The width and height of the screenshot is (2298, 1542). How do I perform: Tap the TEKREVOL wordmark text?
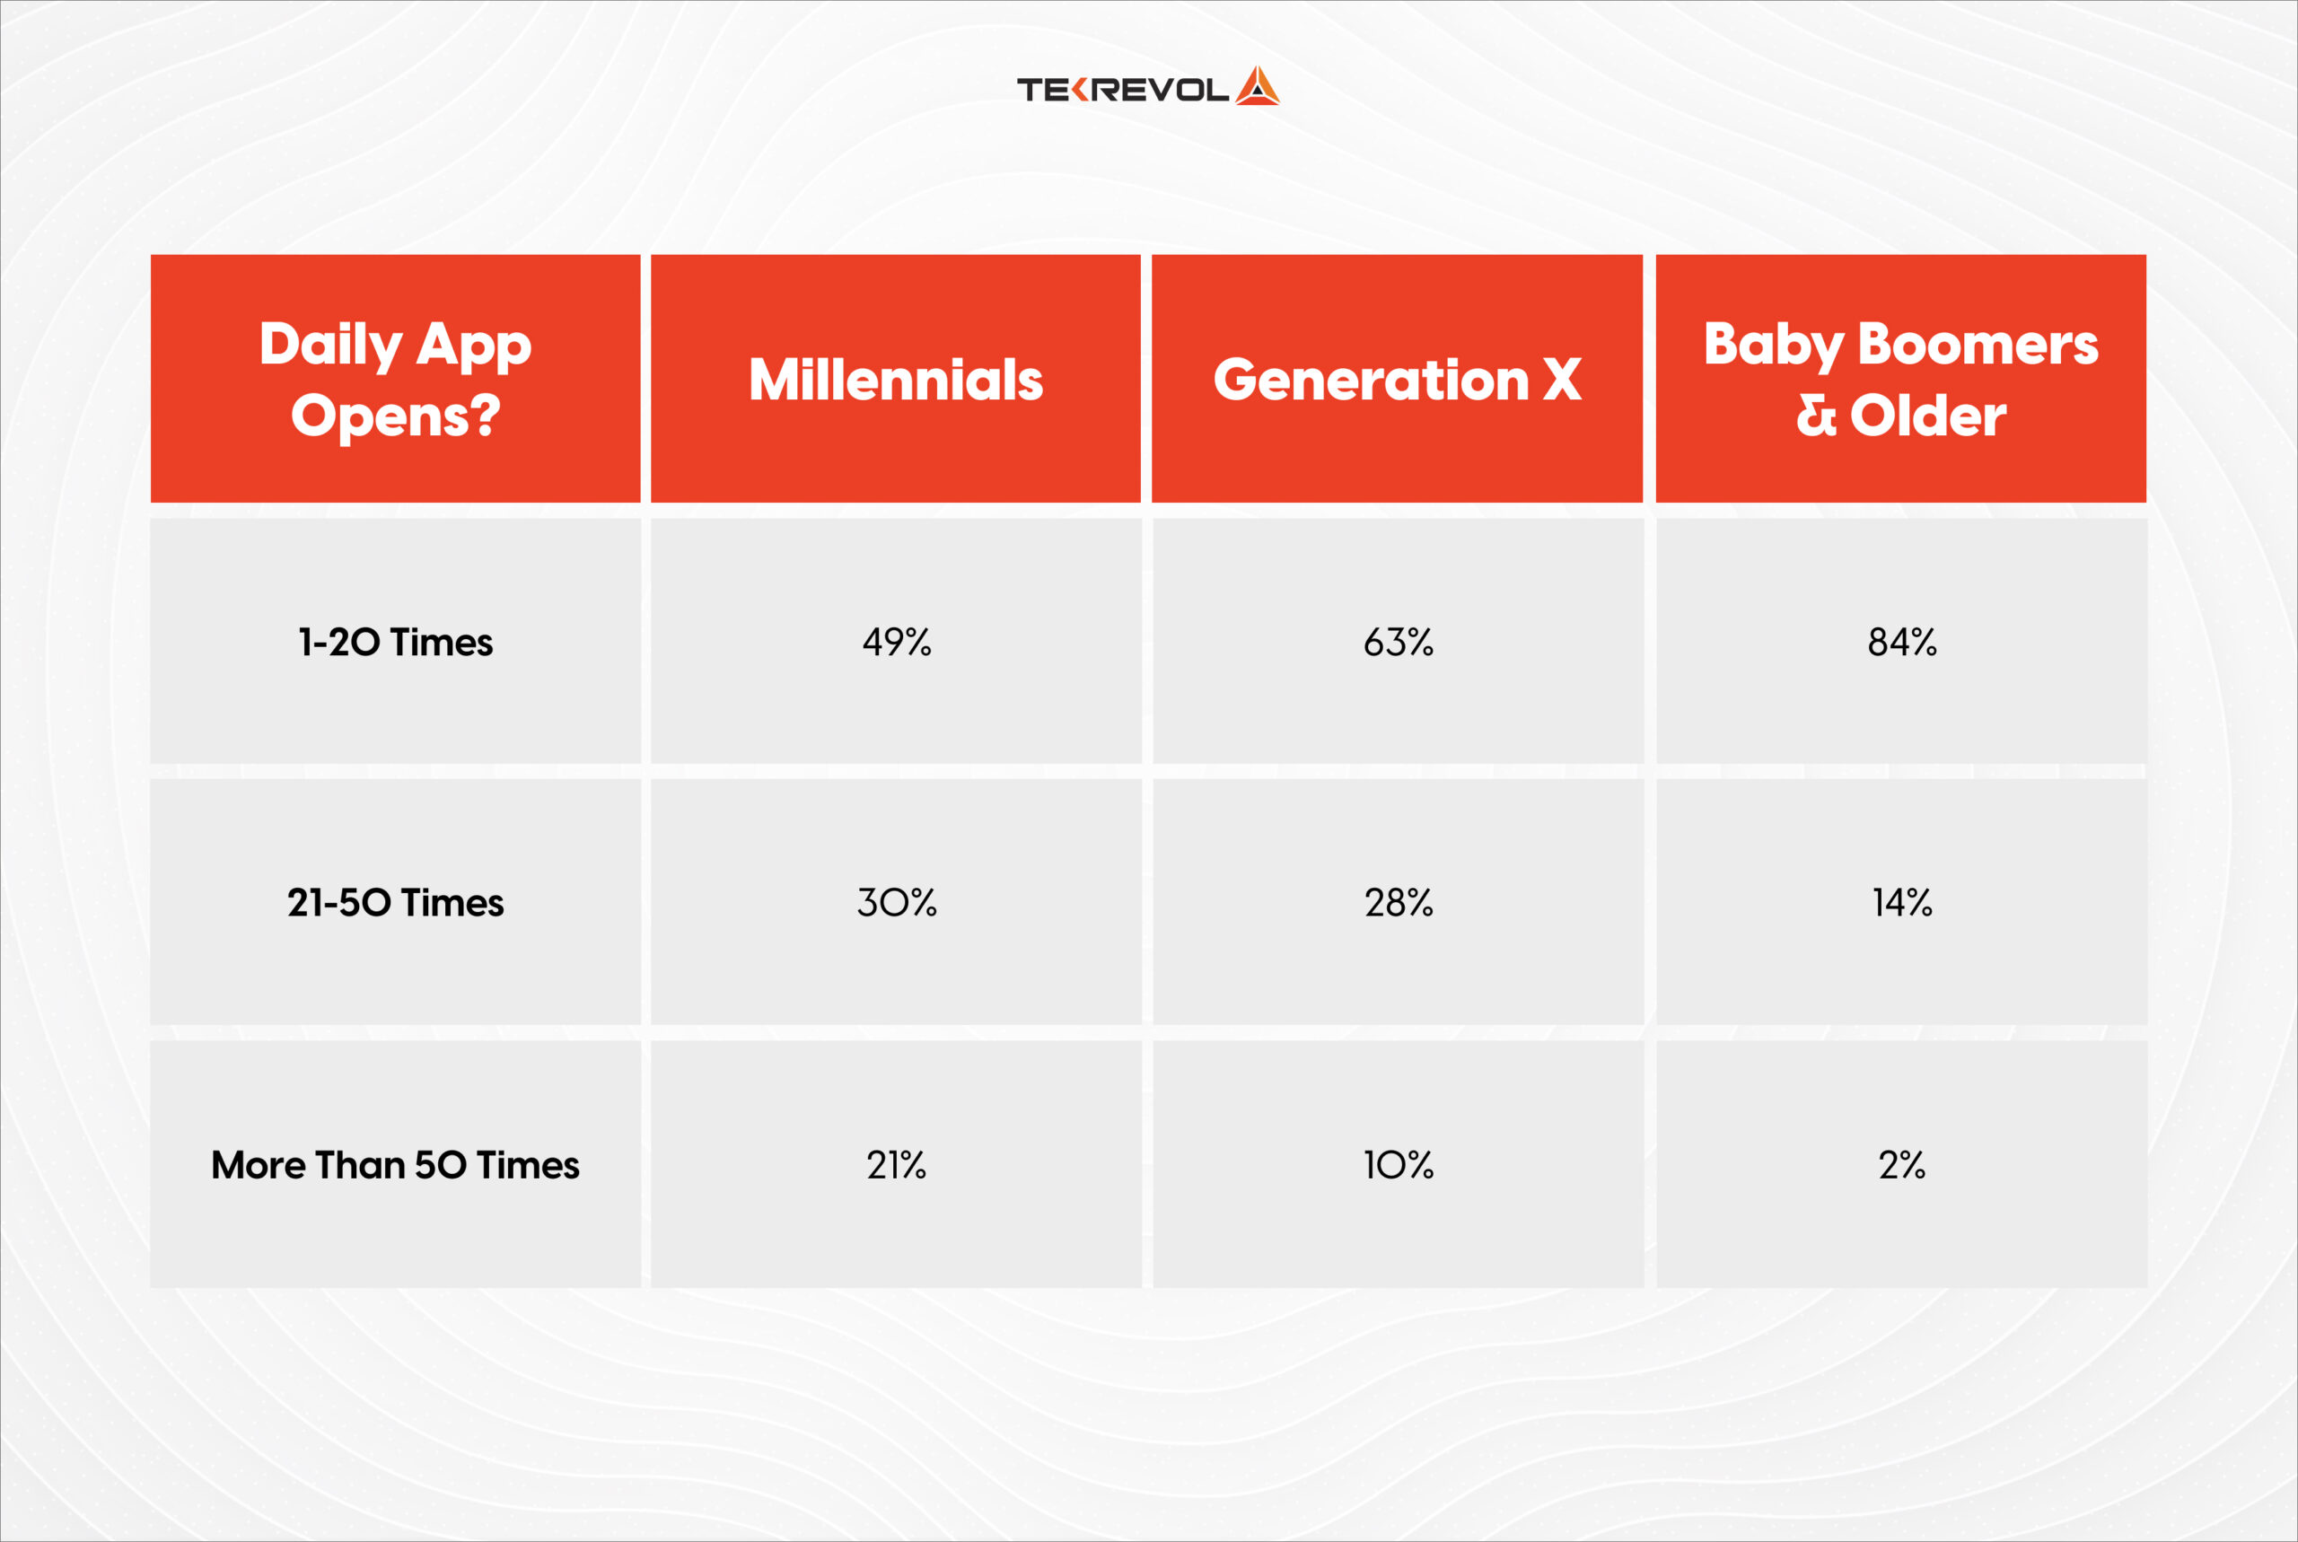coord(1122,91)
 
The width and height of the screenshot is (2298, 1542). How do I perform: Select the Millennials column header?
coord(895,380)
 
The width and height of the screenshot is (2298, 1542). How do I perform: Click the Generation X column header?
coord(1396,380)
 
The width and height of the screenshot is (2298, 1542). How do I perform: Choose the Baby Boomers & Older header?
coord(1899,379)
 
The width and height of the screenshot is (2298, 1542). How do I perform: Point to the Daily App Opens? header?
coord(395,379)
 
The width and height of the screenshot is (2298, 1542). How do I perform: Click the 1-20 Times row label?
coord(395,642)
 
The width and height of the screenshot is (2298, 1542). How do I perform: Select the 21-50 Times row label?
coord(395,903)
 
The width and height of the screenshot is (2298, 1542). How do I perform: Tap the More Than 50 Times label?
coord(395,1165)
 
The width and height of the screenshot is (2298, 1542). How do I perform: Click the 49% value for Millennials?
coord(896,642)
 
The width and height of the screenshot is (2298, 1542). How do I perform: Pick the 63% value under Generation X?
coord(1398,642)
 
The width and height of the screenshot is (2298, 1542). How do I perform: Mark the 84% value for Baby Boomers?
coord(1900,642)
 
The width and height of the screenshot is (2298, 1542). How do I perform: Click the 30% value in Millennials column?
coord(896,903)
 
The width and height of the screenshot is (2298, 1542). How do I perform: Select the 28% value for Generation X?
coord(1398,903)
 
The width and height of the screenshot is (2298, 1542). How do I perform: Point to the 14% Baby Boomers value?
coord(1900,903)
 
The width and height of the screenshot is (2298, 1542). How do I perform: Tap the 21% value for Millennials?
coord(896,1165)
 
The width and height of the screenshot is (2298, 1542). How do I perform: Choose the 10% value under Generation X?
coord(1398,1165)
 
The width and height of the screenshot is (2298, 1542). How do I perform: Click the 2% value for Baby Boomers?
coord(1900,1165)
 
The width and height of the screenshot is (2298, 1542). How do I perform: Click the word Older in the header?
coord(1927,415)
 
